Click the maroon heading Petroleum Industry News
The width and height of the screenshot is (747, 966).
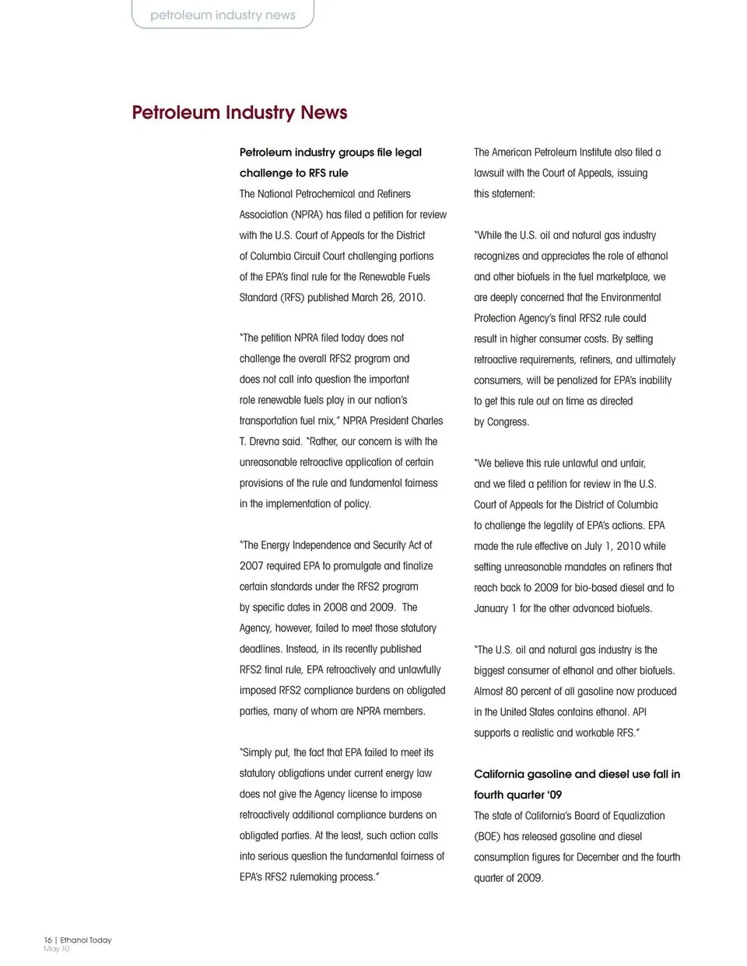240,113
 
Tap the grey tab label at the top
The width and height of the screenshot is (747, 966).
223,15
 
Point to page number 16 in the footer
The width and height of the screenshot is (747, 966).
47,940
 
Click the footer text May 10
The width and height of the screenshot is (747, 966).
56,949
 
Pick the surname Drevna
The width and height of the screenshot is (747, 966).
264,442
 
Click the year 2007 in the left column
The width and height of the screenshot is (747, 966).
252,566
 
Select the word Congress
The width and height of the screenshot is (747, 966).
508,422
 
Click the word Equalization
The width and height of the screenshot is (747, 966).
633,816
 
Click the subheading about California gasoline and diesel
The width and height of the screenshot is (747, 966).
577,784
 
